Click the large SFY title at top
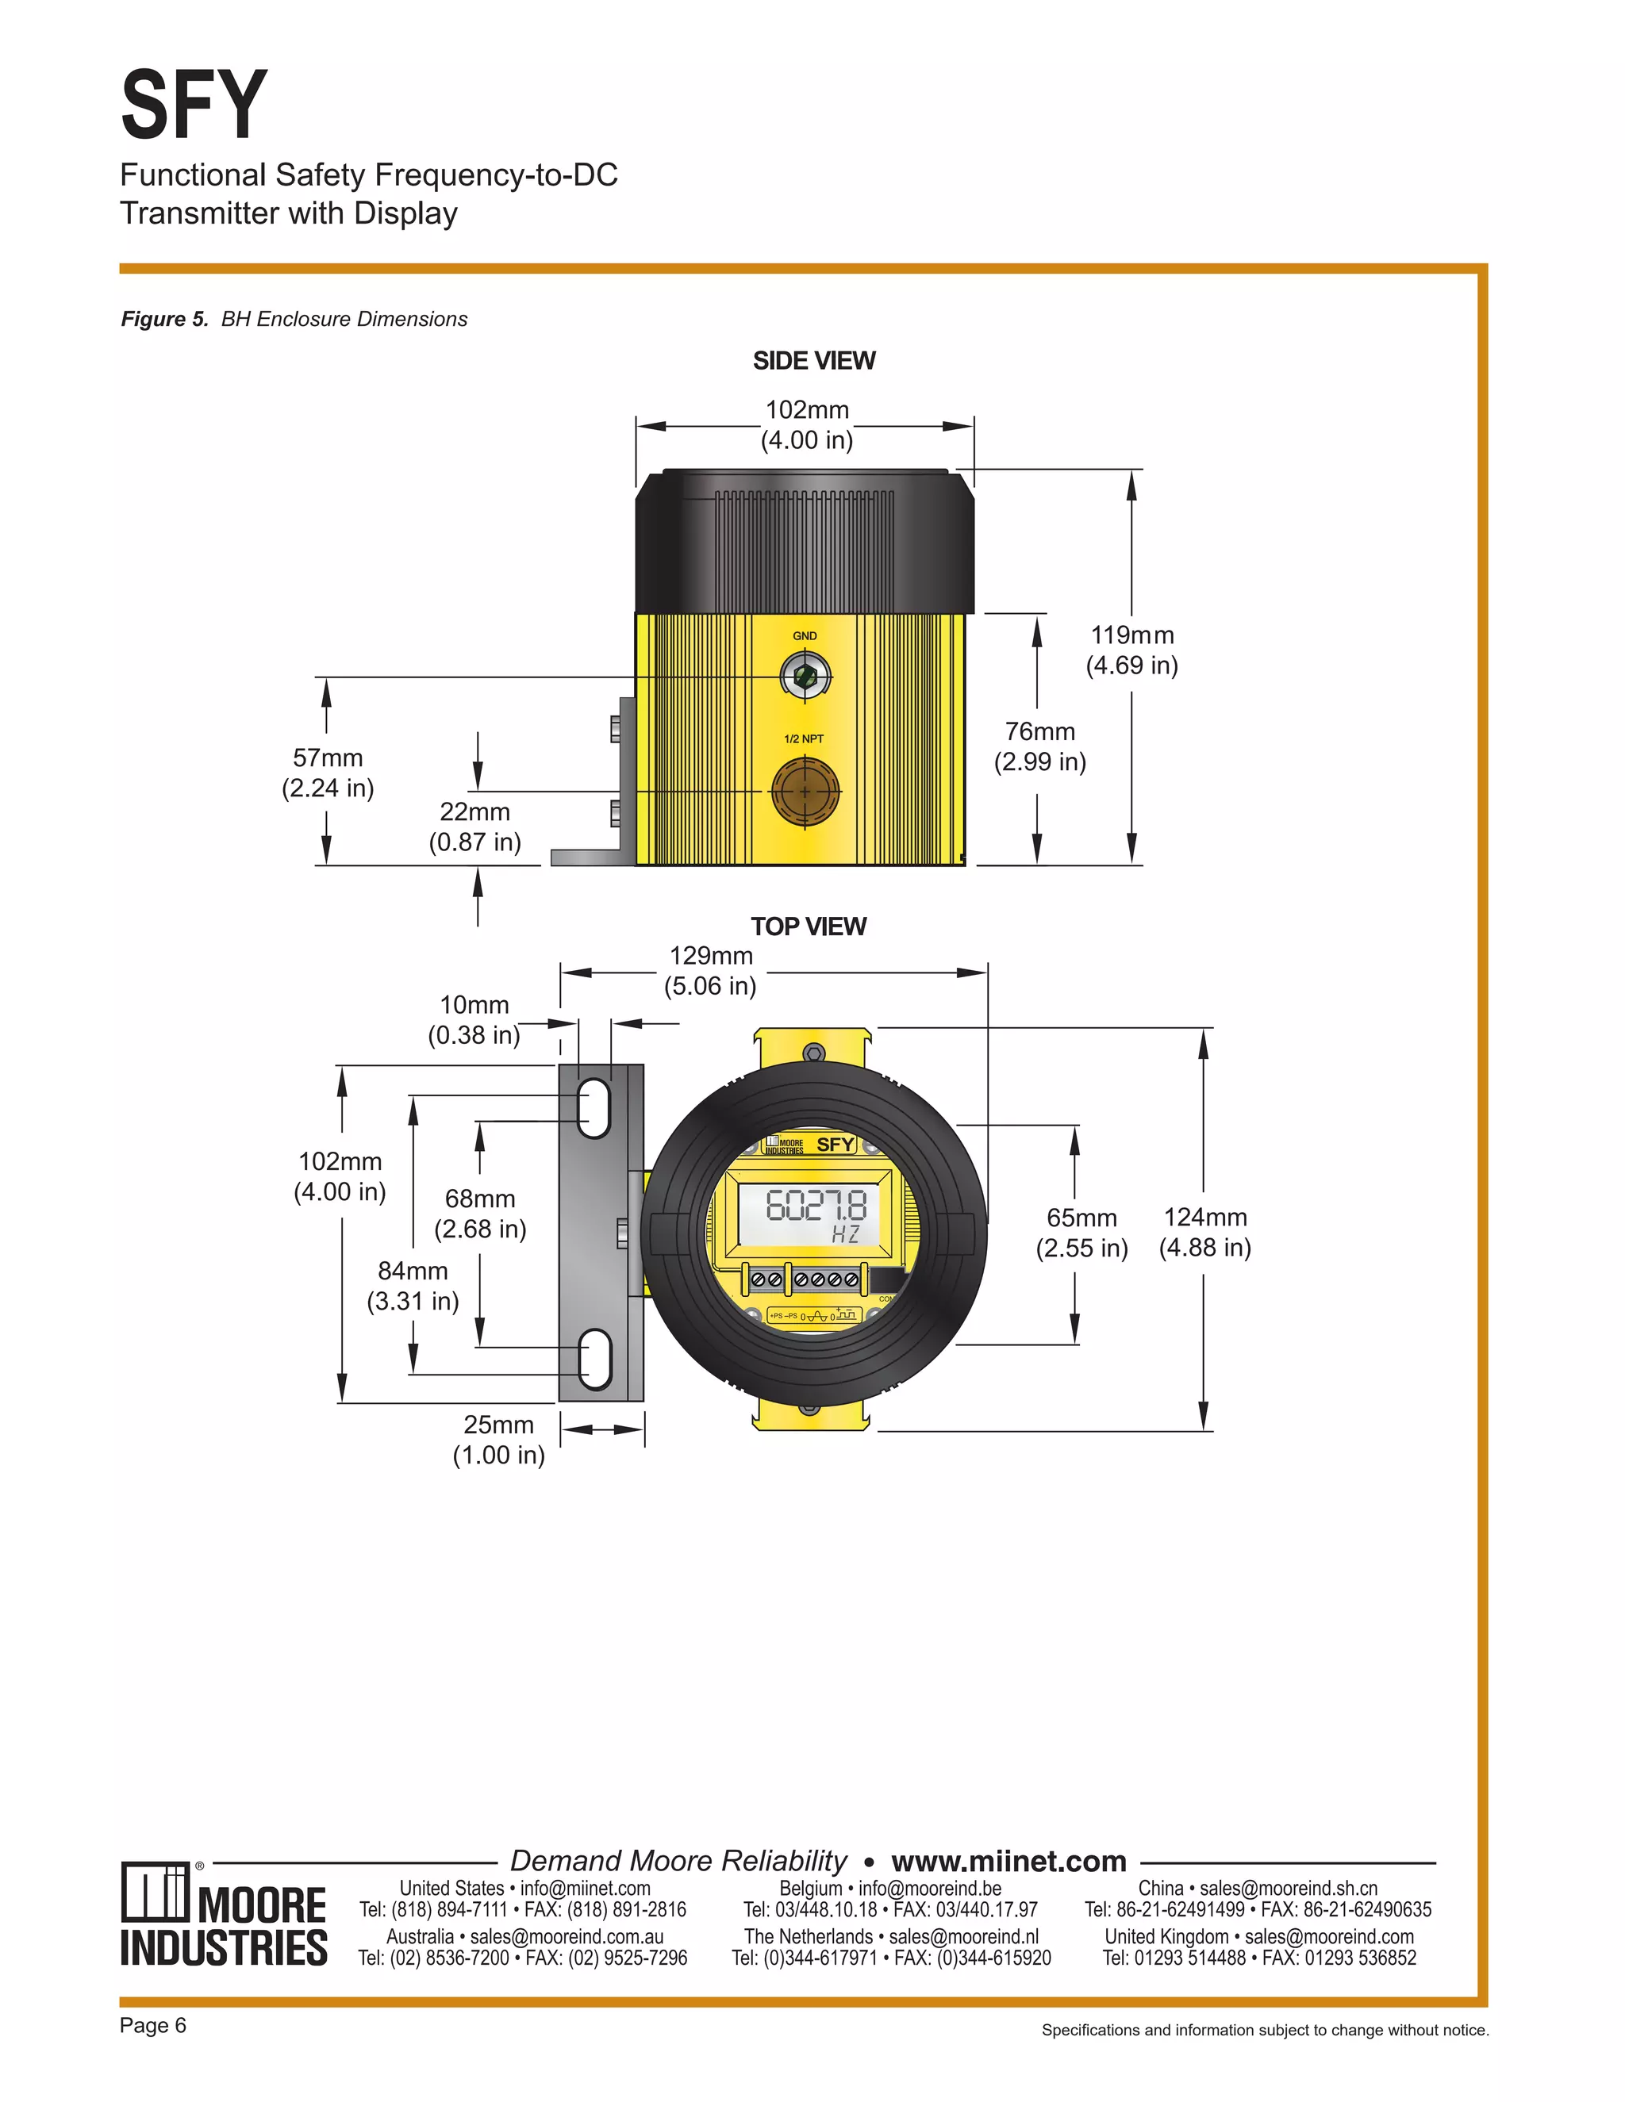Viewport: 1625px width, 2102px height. tap(193, 105)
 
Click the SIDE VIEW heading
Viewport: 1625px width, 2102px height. tap(813, 361)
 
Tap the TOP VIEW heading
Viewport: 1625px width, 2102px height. tap(808, 926)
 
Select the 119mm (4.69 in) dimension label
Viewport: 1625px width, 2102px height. tap(1131, 650)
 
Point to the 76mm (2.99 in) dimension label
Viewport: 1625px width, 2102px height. tap(1039, 747)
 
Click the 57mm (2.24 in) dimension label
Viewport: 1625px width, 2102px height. tap(328, 773)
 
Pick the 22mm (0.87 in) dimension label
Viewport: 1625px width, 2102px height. tap(474, 827)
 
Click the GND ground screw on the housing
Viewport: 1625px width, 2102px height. tap(805, 677)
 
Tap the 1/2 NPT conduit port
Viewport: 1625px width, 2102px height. tap(805, 790)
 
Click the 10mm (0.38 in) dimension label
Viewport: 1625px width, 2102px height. tap(474, 1020)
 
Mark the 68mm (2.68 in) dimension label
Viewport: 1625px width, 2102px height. tap(479, 1214)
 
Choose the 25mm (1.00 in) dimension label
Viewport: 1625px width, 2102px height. tap(498, 1440)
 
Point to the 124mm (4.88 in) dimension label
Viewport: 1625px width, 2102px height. tap(1204, 1232)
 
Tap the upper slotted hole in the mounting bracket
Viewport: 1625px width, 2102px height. tap(594, 1109)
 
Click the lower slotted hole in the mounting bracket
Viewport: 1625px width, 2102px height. tap(594, 1359)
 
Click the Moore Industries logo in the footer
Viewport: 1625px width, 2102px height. tap(223, 1916)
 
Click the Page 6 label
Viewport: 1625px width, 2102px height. tap(153, 2025)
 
